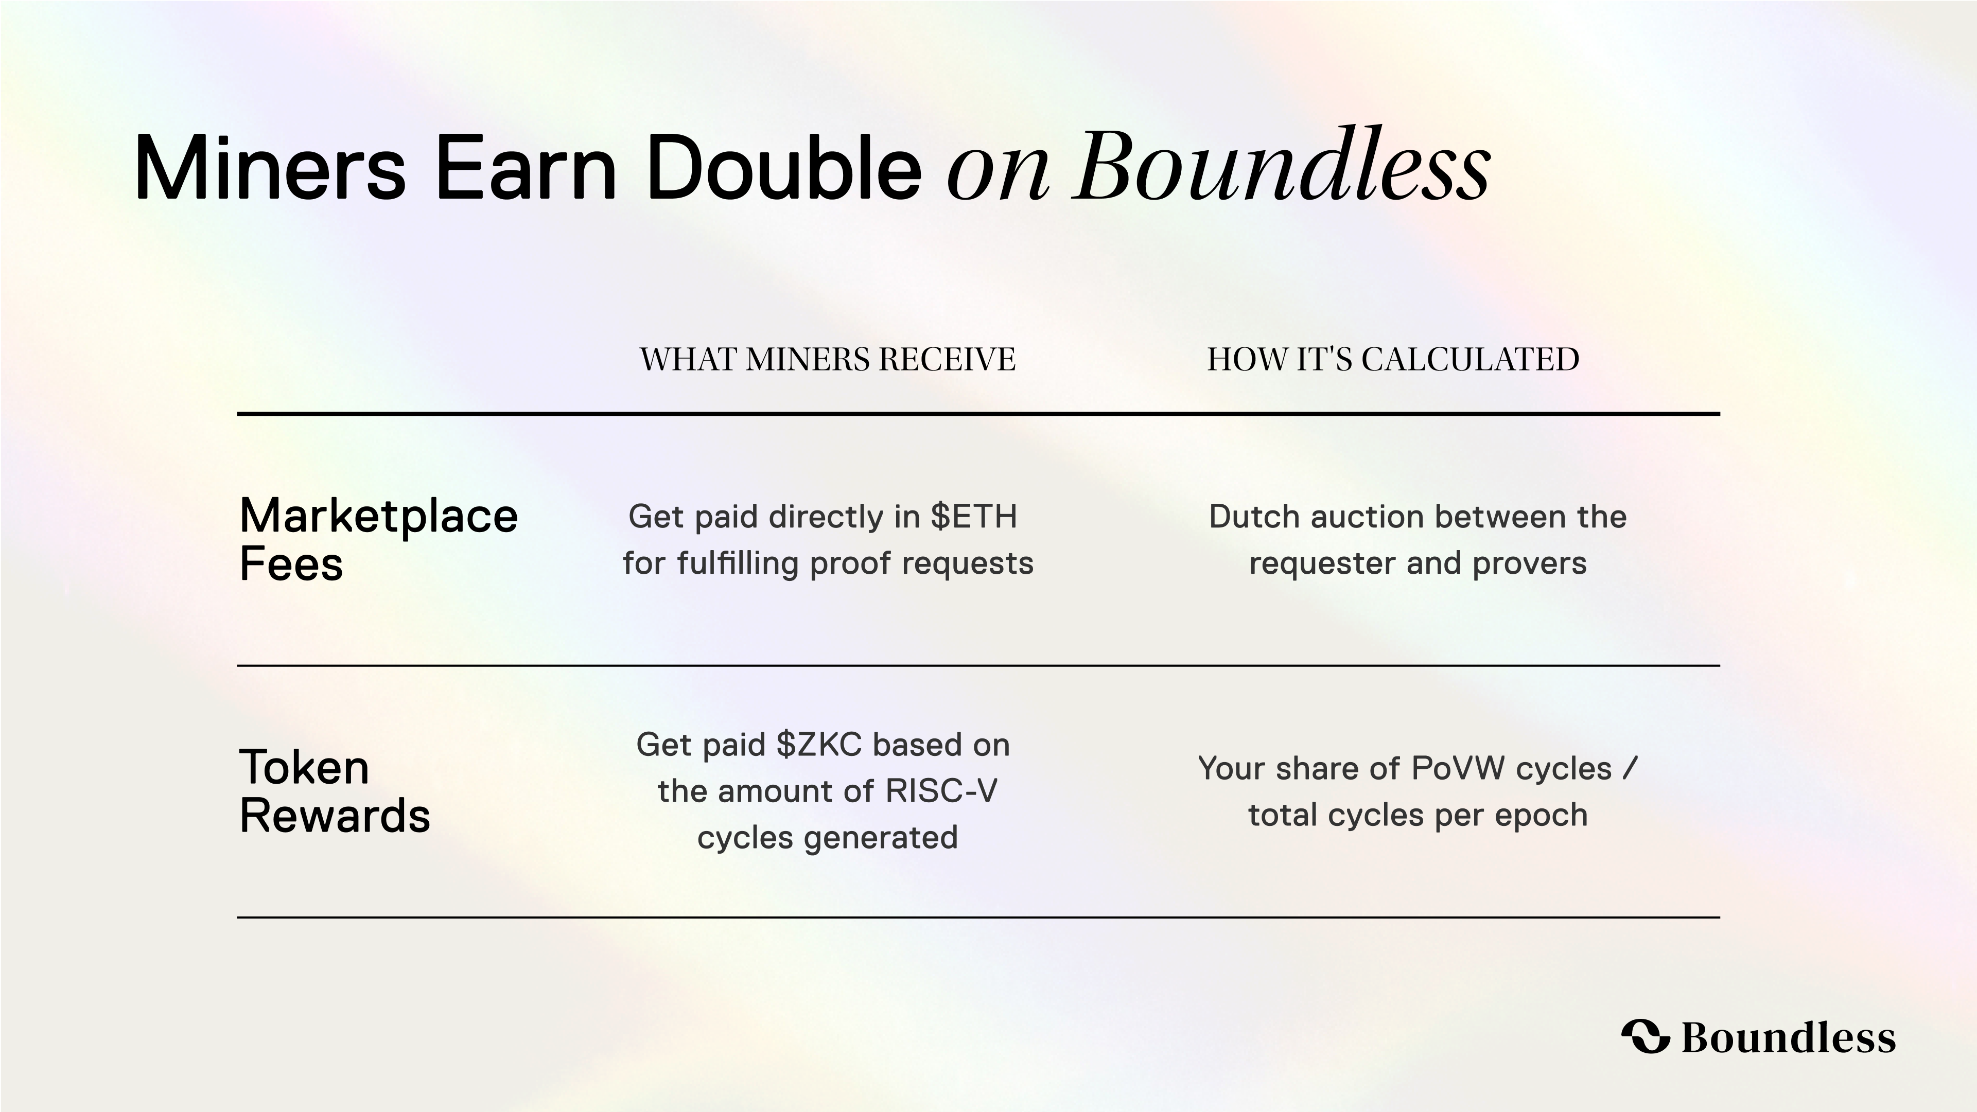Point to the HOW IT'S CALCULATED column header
1393,359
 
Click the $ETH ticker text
974,517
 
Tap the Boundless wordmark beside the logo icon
1788,1037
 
